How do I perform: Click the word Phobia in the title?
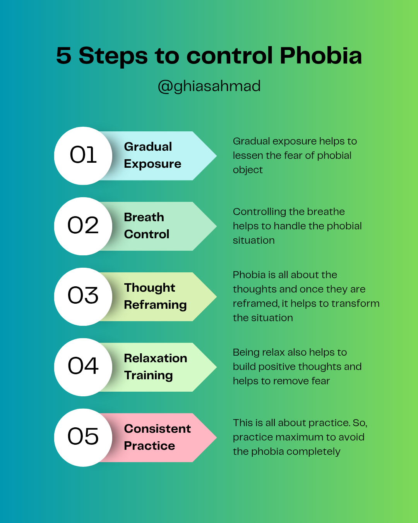tap(320, 56)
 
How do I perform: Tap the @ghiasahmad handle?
tap(209, 86)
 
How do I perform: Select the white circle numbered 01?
tap(83, 156)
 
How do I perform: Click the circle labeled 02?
tap(83, 226)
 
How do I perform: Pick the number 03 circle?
tap(83, 297)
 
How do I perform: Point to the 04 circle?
tap(83, 367)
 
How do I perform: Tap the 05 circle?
tap(83, 437)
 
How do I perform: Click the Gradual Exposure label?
tap(152, 155)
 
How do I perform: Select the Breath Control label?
tap(146, 226)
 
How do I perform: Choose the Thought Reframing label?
tap(156, 296)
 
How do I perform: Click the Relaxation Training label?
tap(156, 367)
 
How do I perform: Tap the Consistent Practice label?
tap(158, 437)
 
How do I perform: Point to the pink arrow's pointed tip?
tap(216, 437)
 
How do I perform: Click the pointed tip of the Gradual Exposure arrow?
tap(216, 156)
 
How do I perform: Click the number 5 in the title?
tap(63, 56)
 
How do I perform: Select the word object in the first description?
tap(248, 170)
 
